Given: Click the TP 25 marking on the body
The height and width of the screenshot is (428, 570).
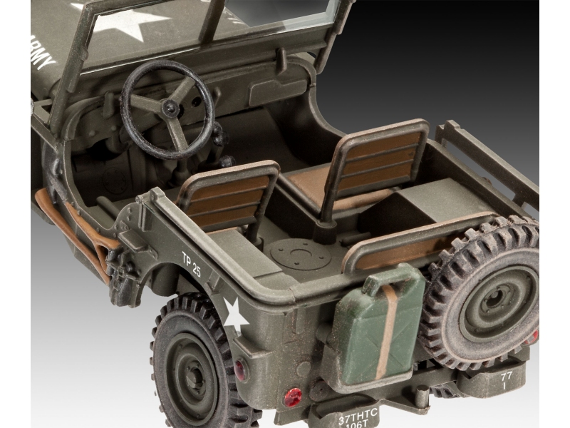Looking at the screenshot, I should [x=192, y=263].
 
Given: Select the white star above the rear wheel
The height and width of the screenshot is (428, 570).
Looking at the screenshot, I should [x=234, y=313].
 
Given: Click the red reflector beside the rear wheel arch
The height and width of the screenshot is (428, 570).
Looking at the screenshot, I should [x=239, y=369].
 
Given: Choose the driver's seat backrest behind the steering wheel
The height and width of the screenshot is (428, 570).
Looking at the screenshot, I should [x=226, y=197].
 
